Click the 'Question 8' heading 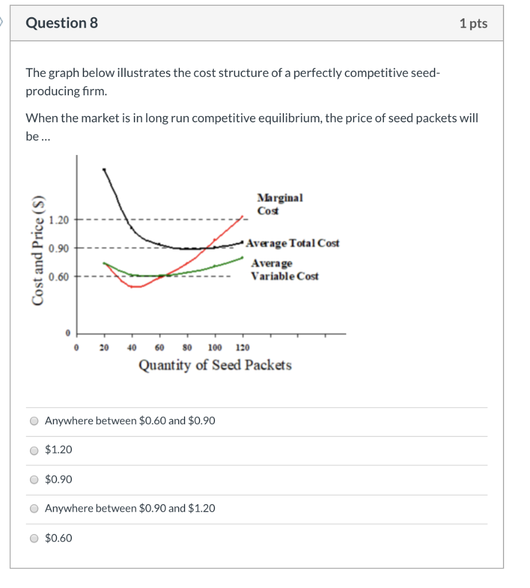click(x=62, y=23)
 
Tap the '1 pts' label click(x=473, y=24)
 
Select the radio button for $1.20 click(x=34, y=450)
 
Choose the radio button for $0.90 click(x=34, y=479)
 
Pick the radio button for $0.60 click(x=34, y=539)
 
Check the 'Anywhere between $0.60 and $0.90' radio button click(x=34, y=421)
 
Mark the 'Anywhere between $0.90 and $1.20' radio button click(x=34, y=509)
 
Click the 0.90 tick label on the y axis click(x=59, y=249)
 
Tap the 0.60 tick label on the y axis click(x=59, y=277)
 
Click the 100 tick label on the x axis click(x=215, y=347)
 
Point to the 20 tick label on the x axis click(x=104, y=347)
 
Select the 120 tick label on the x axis click(x=242, y=347)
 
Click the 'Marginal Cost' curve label click(x=279, y=204)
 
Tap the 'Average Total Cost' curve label click(x=293, y=243)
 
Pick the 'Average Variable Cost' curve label click(x=284, y=270)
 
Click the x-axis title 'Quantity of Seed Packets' click(x=215, y=365)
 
